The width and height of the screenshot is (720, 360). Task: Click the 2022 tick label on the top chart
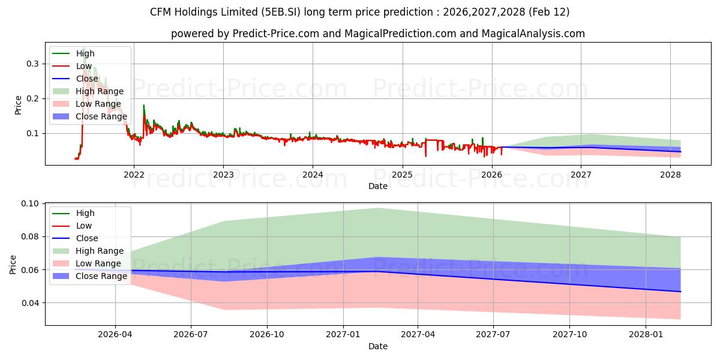coord(134,175)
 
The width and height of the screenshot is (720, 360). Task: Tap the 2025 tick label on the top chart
coord(402,175)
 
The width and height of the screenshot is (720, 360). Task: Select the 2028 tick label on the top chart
coord(670,175)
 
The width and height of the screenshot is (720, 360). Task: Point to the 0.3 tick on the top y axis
coord(34,64)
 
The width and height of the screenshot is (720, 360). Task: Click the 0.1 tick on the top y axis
coord(34,133)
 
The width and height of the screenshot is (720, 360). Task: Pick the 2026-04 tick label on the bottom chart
coord(115,335)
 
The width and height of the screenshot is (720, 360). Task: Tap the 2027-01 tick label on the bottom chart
coord(343,335)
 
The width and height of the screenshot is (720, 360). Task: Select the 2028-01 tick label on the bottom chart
coord(646,335)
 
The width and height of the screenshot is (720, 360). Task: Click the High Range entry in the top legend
coord(100,91)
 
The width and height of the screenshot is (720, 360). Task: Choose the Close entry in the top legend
coord(87,79)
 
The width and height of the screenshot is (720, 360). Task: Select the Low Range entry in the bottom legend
coord(98,263)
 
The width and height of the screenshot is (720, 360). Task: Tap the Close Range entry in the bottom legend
coord(101,276)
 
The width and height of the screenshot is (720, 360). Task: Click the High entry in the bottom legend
coord(85,213)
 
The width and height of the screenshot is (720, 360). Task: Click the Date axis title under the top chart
coord(378,186)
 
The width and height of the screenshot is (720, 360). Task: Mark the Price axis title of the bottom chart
coord(13,264)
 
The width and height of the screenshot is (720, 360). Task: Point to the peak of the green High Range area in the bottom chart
coord(378,208)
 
